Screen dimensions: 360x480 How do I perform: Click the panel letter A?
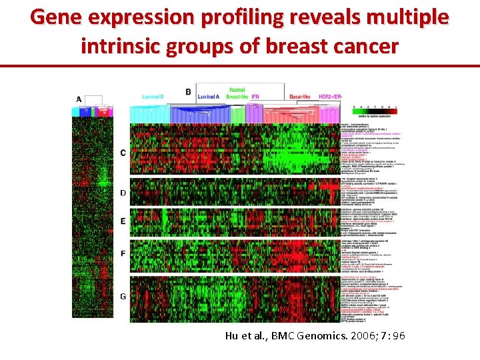[79, 100]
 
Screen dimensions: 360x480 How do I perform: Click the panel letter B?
[188, 91]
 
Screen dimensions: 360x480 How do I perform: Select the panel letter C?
[122, 153]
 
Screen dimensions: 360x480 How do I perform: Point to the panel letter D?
[122, 193]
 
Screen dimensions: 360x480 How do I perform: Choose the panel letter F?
[122, 254]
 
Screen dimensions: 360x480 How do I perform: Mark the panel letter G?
[122, 295]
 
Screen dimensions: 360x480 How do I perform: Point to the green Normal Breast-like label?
[236, 93]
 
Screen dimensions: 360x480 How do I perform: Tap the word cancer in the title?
[364, 46]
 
